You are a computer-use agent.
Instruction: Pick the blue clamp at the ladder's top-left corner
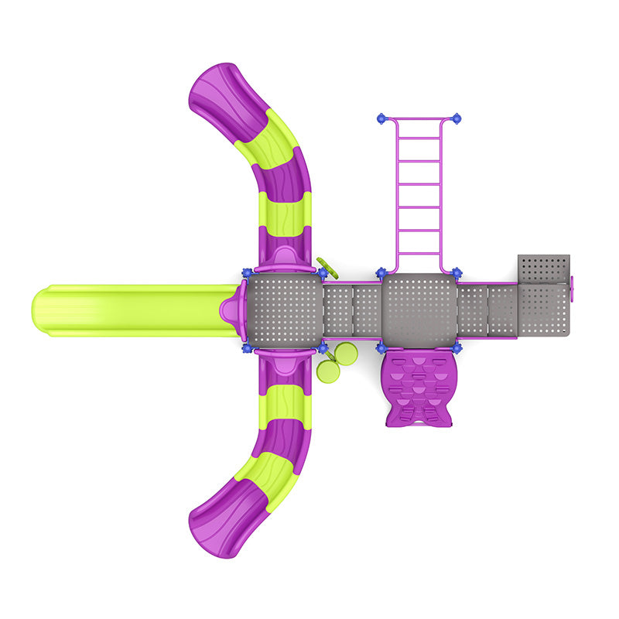pos(381,118)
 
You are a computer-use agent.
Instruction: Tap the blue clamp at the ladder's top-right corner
pos(457,118)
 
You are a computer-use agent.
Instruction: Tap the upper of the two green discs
pos(345,354)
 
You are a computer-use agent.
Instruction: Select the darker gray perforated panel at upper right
pos(543,268)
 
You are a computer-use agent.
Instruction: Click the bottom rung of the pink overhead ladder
pos(419,251)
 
